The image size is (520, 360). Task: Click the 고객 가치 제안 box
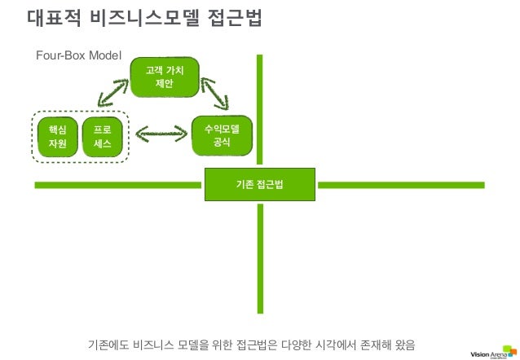click(165, 79)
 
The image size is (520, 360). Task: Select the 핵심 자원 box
click(57, 137)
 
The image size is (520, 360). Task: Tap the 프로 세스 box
click(104, 137)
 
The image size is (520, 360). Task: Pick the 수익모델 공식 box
click(222, 134)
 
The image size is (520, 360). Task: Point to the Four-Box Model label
click(78, 55)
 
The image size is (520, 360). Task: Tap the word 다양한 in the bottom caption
click(296, 343)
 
